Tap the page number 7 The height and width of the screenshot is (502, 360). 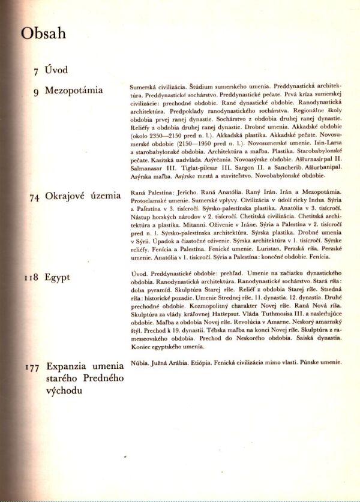tap(37, 71)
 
